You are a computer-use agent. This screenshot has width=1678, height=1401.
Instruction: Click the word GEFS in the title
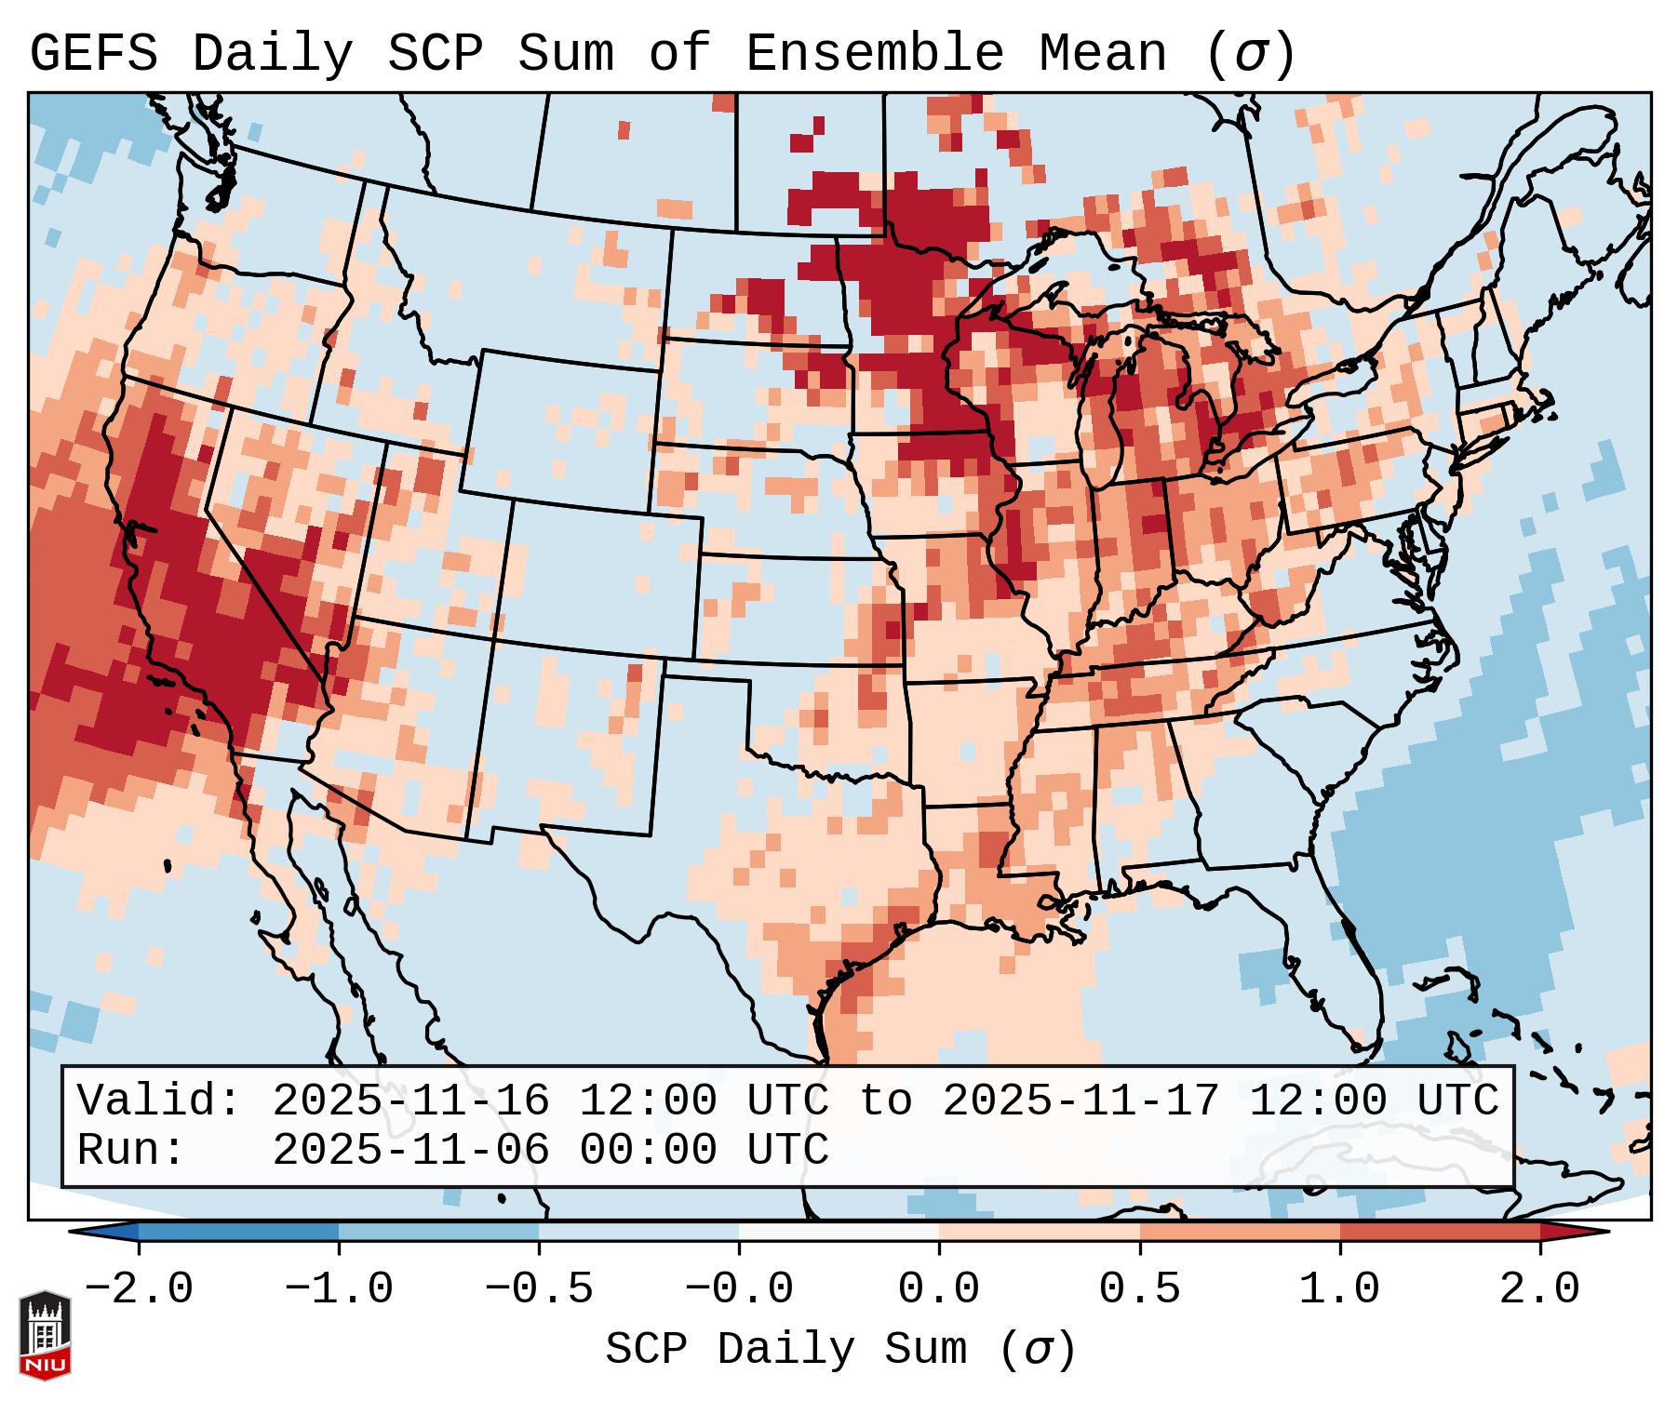[94, 54]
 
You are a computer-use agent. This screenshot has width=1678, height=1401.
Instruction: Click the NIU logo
[45, 1334]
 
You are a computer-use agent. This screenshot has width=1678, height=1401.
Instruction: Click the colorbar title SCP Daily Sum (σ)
[840, 1350]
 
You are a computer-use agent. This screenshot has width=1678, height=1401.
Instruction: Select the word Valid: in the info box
[159, 1101]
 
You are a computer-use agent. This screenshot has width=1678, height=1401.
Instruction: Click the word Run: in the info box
[131, 1151]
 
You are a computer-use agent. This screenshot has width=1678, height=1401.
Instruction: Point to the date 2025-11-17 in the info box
[1081, 1101]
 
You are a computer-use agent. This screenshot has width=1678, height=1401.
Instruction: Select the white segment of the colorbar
[839, 1232]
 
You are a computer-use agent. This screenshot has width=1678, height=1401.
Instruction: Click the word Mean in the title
[1102, 54]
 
